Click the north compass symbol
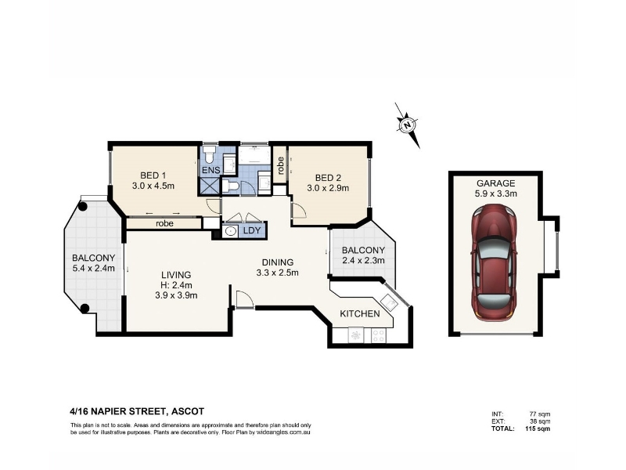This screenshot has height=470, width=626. coord(407,125)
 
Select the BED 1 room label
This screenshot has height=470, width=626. coord(153,175)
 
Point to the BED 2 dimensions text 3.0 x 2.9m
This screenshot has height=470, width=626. coord(328,188)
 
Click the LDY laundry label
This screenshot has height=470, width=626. coord(251,230)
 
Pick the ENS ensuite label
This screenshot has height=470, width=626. coord(211,170)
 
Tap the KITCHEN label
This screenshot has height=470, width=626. coord(360,314)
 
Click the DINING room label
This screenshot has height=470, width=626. coord(278,262)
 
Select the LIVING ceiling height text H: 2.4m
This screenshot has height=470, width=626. coord(177,285)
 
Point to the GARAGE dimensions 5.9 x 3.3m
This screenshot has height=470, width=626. coord(496,193)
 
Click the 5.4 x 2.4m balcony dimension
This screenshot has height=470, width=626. coord(93,268)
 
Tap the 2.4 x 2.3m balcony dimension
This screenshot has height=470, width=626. coord(363,261)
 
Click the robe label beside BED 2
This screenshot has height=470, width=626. coord(281,165)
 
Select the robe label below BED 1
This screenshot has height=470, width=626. coord(164,223)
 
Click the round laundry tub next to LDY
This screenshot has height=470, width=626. coord(229,231)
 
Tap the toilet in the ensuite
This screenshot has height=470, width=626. coord(209,154)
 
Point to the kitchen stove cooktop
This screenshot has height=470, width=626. coord(378,335)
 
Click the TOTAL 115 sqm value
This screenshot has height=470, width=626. coord(538,428)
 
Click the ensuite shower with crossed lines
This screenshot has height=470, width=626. coord(210,186)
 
